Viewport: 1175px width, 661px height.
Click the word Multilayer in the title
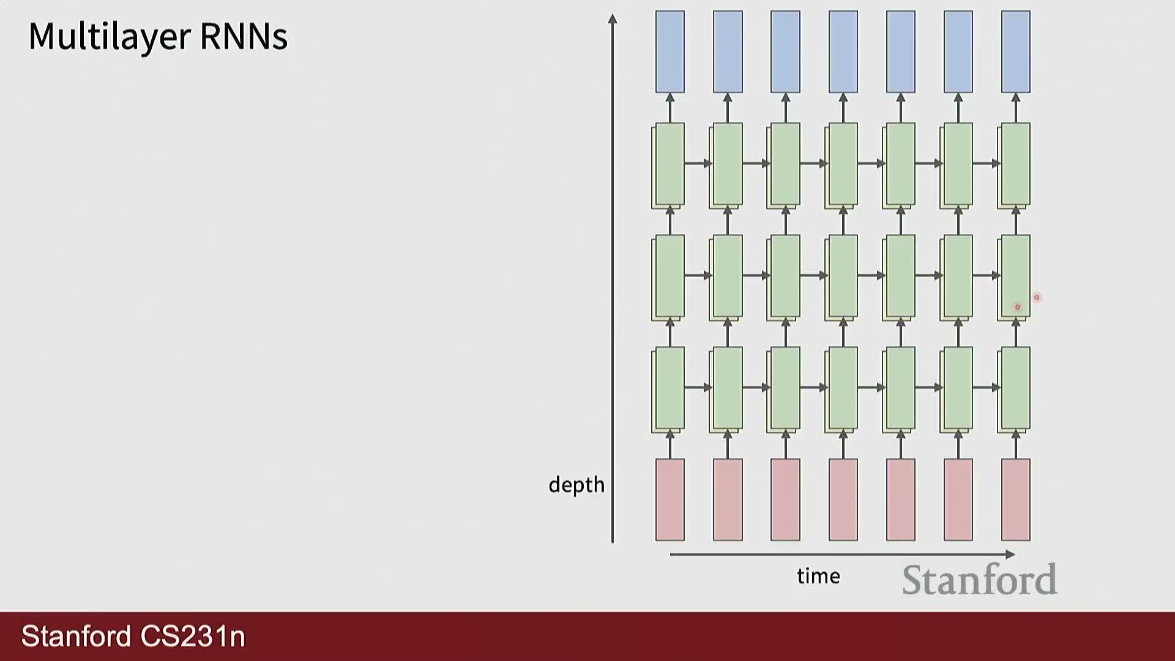[110, 37]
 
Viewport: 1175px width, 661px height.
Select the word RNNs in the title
[244, 37]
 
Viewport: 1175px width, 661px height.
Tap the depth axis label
[576, 485]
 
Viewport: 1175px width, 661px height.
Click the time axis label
[818, 576]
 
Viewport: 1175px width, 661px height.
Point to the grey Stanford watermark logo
[979, 580]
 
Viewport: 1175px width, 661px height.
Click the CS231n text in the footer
[193, 636]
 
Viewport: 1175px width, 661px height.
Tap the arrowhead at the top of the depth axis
[613, 19]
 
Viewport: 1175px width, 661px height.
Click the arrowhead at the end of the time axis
[1010, 555]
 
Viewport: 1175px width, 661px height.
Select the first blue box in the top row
[670, 52]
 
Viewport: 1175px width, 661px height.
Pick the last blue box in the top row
[1016, 52]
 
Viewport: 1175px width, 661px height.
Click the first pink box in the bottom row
[670, 500]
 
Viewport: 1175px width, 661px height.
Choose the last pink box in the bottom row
[1016, 500]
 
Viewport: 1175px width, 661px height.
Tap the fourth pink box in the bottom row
[843, 500]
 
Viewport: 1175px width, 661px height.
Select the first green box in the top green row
[668, 165]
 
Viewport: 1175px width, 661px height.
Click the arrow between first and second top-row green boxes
[698, 163]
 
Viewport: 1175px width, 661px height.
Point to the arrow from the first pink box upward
[670, 444]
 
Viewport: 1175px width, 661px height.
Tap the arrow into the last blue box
[1016, 108]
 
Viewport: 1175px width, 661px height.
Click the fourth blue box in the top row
[843, 52]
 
